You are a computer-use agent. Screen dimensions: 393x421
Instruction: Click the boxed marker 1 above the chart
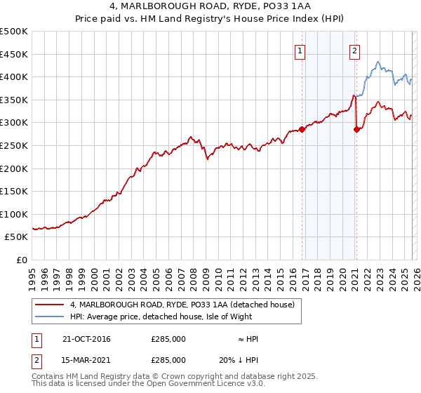coord(300,50)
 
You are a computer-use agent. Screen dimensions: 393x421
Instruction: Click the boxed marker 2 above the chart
coord(354,50)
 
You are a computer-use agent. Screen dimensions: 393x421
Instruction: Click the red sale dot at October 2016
coord(302,129)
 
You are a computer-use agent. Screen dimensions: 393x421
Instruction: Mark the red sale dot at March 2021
coord(356,129)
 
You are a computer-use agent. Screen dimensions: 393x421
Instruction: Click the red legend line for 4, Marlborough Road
coord(49,304)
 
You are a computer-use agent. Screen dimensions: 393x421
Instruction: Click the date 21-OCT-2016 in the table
coord(86,339)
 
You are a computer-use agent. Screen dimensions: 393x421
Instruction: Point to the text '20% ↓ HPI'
coord(239,359)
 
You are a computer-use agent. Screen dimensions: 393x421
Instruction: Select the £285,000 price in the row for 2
coord(168,359)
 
